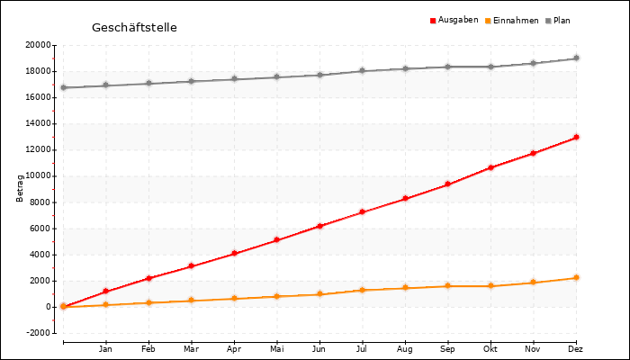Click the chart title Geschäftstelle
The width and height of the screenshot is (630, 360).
134,28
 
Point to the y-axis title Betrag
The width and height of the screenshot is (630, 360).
20,188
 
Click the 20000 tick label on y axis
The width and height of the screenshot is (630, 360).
37,45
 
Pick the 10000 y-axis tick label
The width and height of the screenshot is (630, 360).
37,176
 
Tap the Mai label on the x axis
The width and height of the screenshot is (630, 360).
276,348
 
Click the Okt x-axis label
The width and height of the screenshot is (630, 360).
490,348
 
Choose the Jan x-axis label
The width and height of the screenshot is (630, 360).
105,348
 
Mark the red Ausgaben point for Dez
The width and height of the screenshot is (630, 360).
576,138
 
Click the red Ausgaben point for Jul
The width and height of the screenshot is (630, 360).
362,212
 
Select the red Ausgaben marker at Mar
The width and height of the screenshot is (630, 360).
191,266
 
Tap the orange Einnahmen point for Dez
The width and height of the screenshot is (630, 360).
576,278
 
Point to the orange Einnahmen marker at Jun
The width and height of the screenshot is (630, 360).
319,294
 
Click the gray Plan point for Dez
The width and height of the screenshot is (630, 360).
576,58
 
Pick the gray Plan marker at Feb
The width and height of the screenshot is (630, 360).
148,84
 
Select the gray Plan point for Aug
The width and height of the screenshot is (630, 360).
405,68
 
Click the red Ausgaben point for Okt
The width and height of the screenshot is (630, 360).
490,167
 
